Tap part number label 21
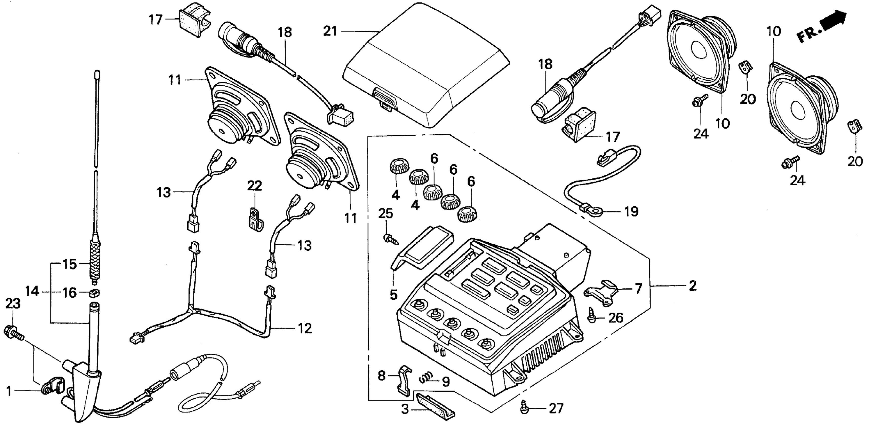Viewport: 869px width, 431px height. [330, 31]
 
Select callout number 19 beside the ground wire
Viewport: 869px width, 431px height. [631, 212]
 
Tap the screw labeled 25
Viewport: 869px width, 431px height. [391, 239]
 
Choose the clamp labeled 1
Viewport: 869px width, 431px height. [51, 388]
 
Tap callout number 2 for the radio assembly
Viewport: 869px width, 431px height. [692, 286]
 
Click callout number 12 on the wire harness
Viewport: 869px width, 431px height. [304, 328]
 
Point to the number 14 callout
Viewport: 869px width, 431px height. [32, 291]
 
